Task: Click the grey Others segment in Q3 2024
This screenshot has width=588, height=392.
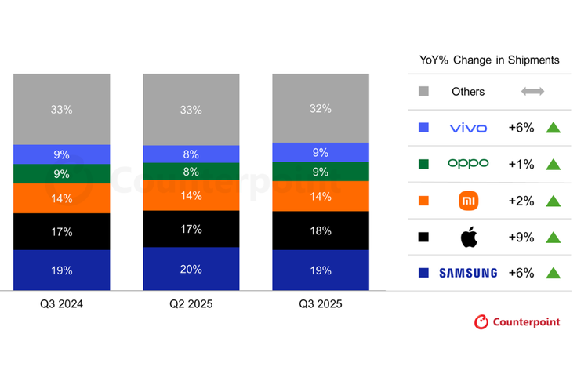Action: (61, 109)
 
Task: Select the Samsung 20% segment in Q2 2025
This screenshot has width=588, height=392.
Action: (191, 269)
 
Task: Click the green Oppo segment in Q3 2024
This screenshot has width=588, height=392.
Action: (61, 173)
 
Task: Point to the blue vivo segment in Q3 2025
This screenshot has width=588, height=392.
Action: (321, 152)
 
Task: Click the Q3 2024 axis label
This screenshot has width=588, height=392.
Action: (61, 304)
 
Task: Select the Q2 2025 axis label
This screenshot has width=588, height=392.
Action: (191, 304)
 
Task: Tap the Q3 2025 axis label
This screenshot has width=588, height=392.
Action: (321, 304)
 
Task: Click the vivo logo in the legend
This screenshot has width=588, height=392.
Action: (468, 128)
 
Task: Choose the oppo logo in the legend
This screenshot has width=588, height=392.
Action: (468, 164)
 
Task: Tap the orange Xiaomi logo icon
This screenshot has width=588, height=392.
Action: (468, 201)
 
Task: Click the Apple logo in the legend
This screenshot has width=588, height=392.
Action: (468, 237)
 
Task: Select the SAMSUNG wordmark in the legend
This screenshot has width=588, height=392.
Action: (468, 273)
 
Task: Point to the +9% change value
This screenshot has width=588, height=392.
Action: (521, 237)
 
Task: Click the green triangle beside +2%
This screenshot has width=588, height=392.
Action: (553, 201)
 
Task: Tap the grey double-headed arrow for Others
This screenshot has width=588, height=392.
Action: (533, 92)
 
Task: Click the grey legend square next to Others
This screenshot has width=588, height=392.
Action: (424, 92)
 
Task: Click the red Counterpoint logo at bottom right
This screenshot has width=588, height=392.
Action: (517, 322)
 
